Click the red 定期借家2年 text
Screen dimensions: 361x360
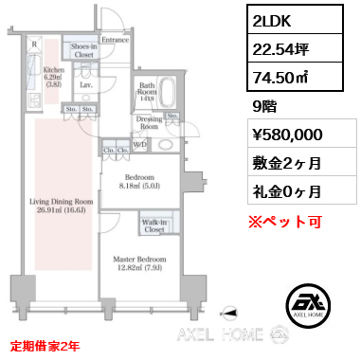[46, 345]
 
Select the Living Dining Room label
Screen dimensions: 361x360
[60, 200]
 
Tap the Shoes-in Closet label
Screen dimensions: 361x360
[82, 51]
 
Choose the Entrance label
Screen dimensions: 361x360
[115, 40]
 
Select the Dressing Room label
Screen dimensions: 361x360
[149, 121]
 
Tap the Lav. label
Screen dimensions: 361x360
[85, 84]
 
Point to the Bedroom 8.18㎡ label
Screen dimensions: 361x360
[142, 182]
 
